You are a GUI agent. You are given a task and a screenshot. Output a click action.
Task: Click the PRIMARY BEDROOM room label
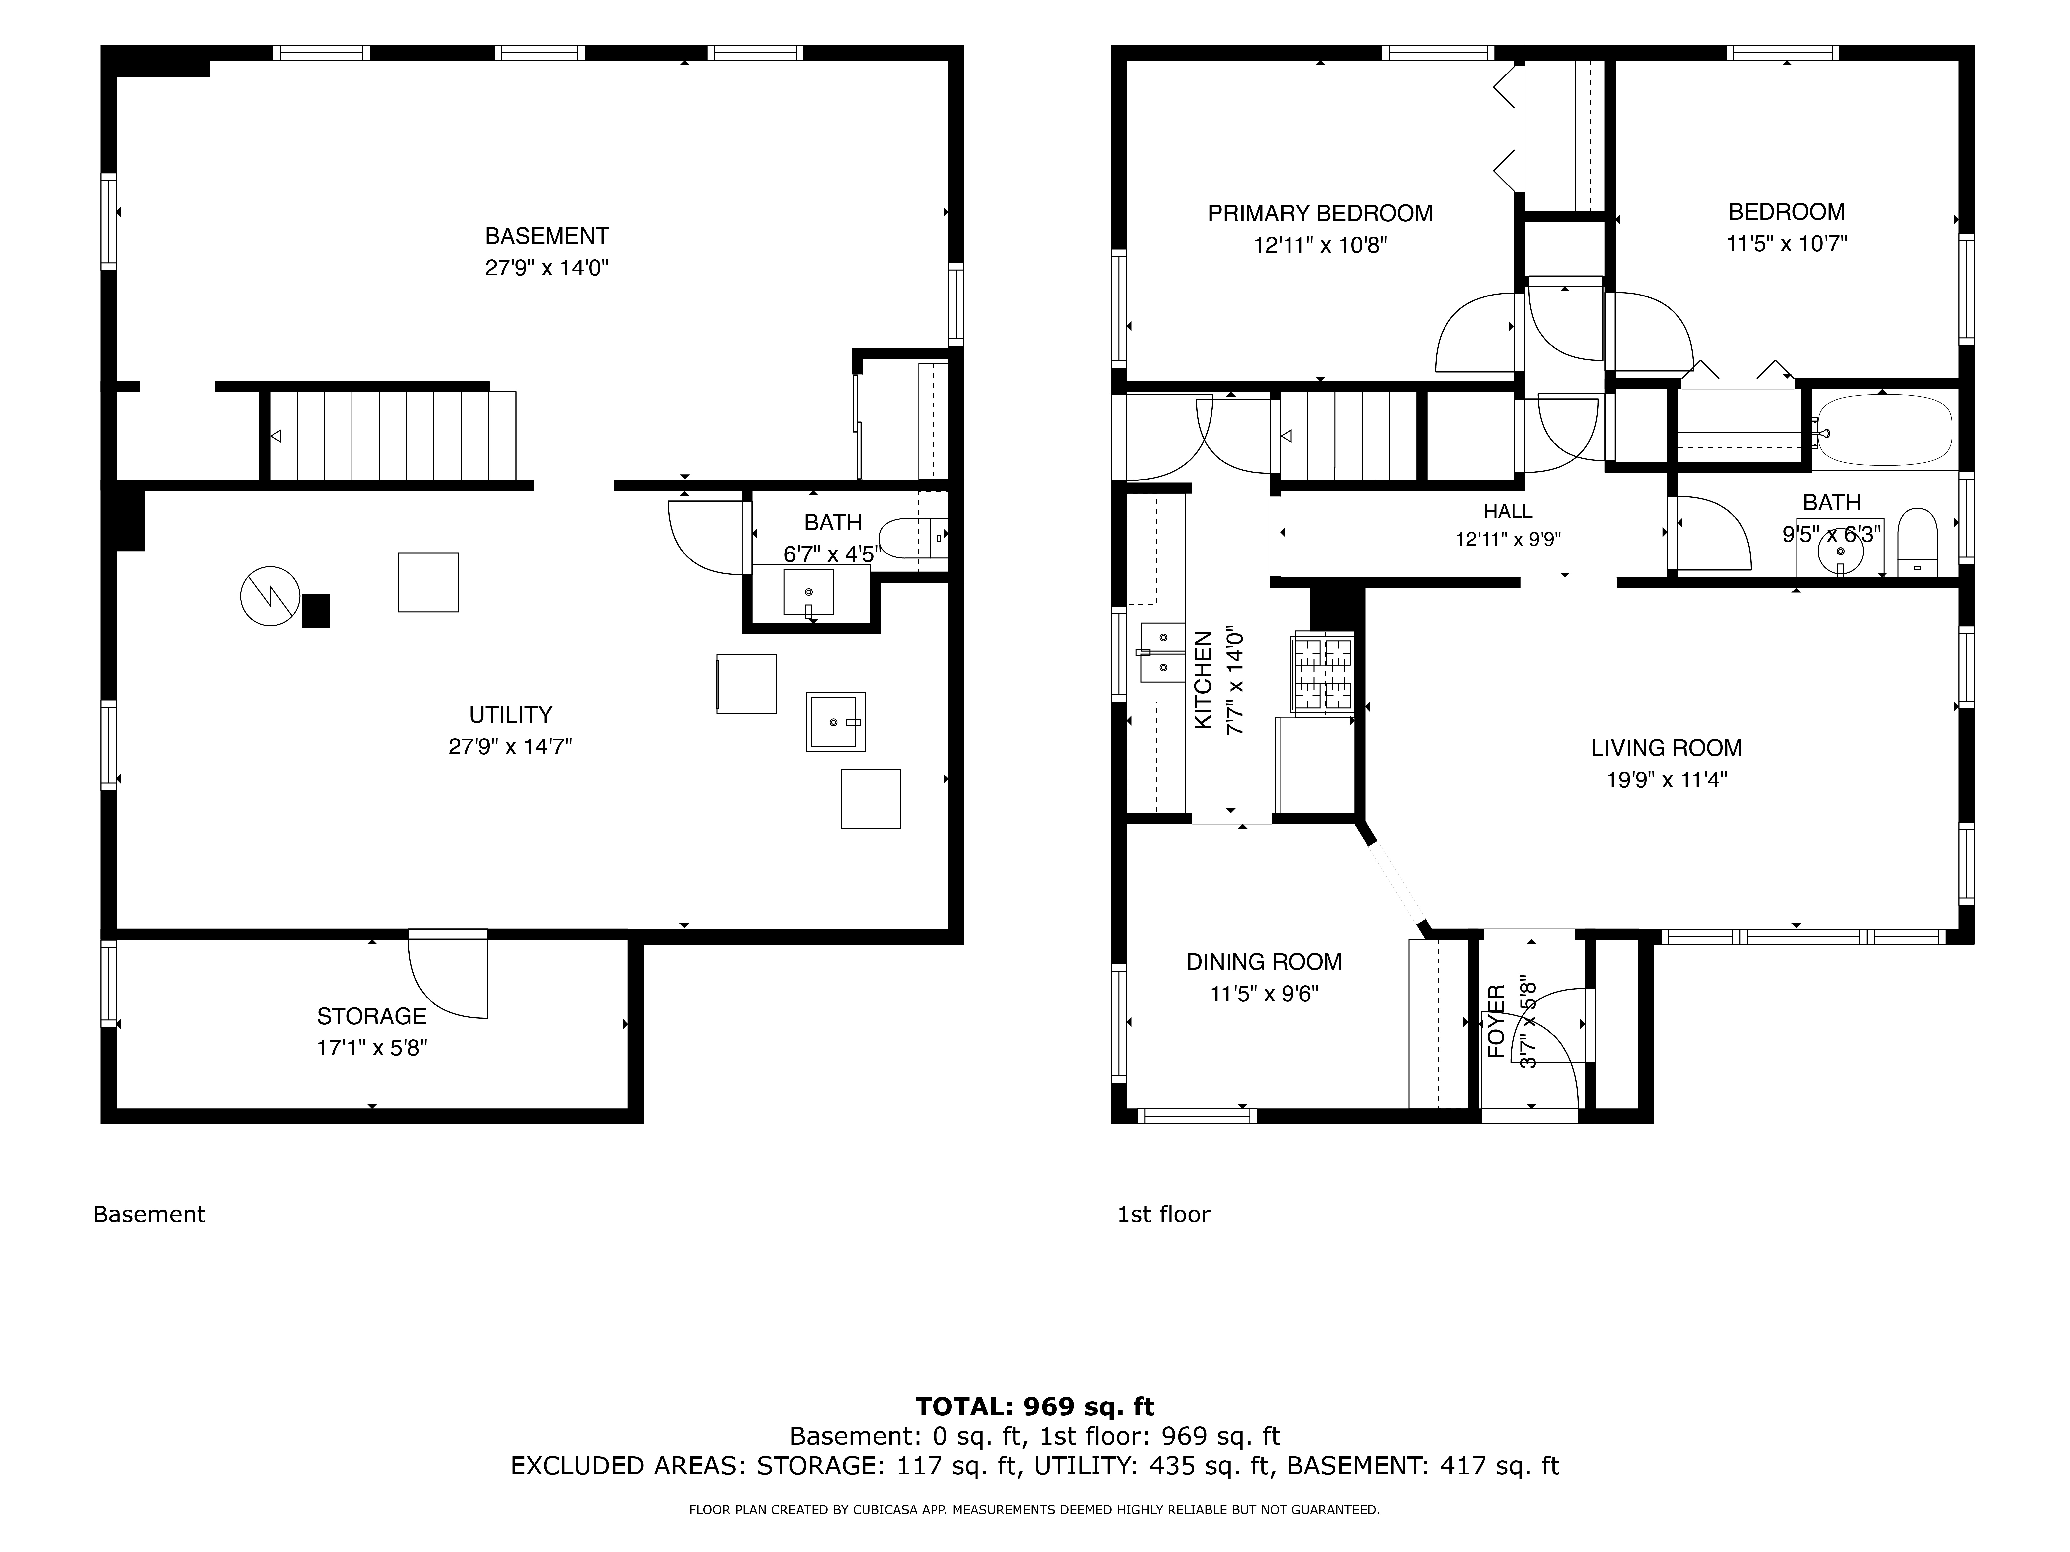1320,213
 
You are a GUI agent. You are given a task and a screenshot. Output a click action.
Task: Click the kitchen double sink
1163,652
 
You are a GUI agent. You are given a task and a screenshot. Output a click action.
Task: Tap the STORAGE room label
372,1016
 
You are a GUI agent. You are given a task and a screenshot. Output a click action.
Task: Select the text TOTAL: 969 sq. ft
1035,1406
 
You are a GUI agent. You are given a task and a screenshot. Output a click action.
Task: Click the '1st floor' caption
1163,1214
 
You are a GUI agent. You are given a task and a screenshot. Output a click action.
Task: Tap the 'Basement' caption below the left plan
150,1214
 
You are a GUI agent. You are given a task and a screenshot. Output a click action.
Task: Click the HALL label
1508,511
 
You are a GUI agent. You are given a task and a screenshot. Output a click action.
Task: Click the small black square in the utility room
315,611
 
